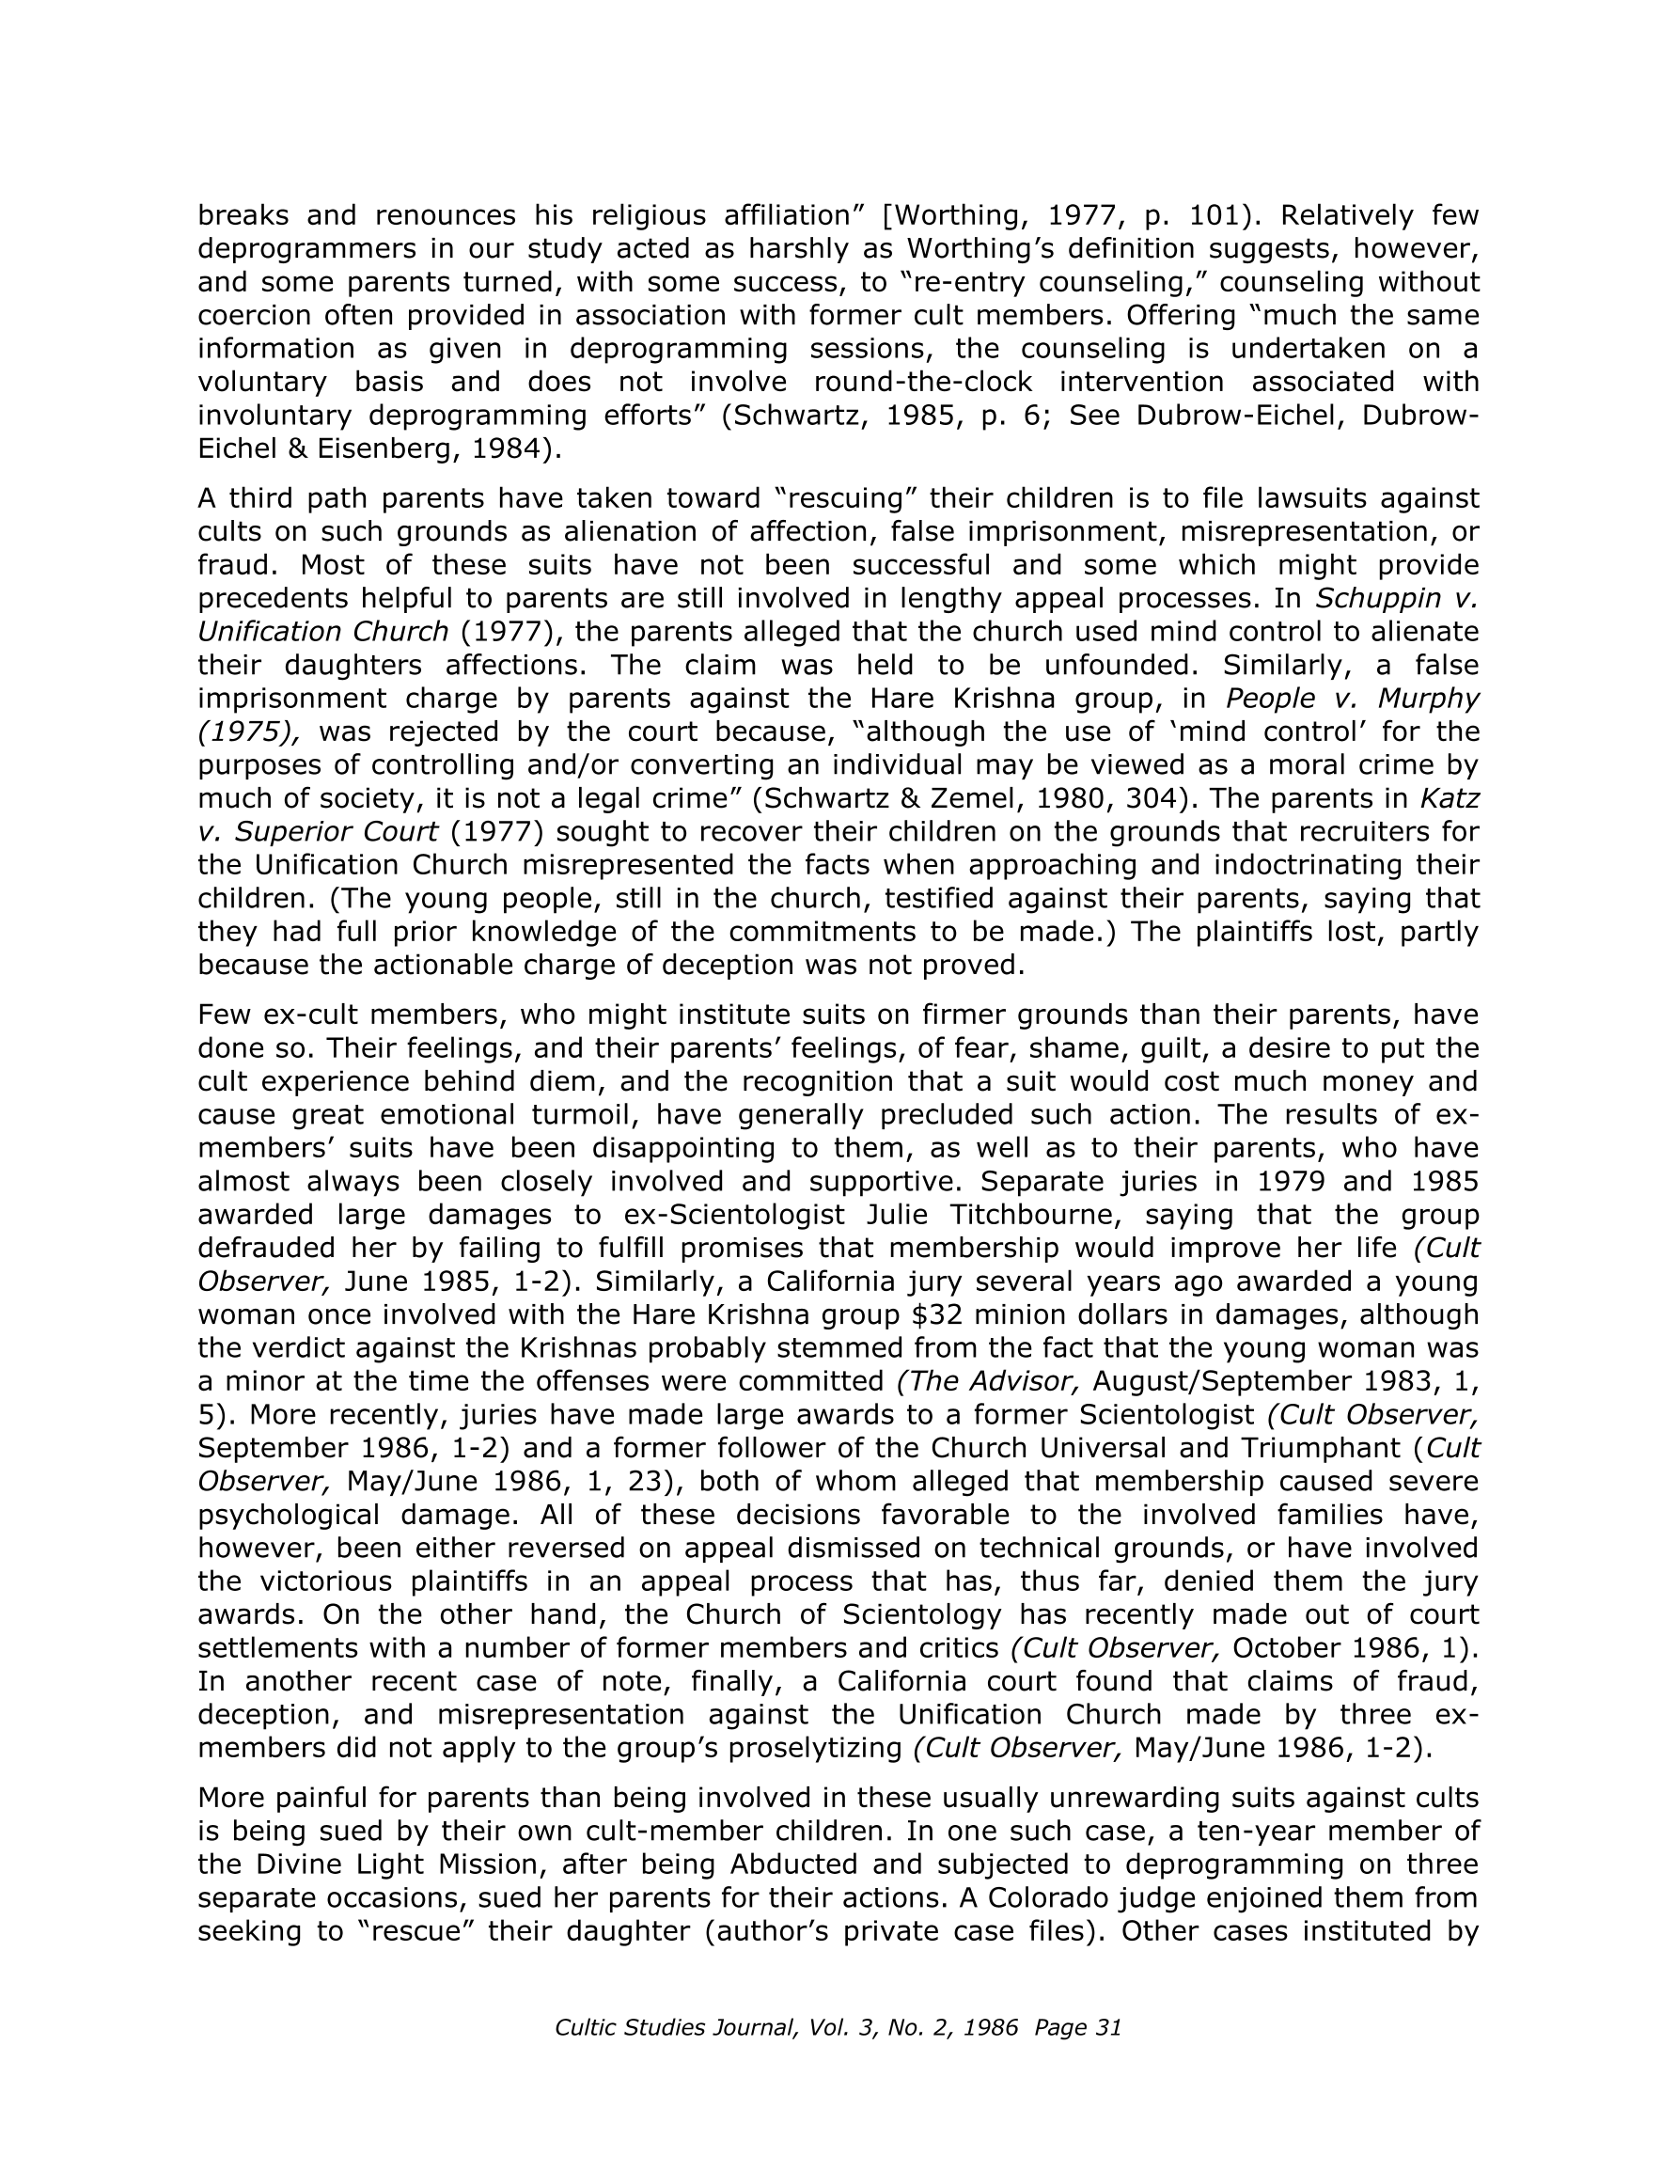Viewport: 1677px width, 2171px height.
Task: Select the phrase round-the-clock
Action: point(922,382)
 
